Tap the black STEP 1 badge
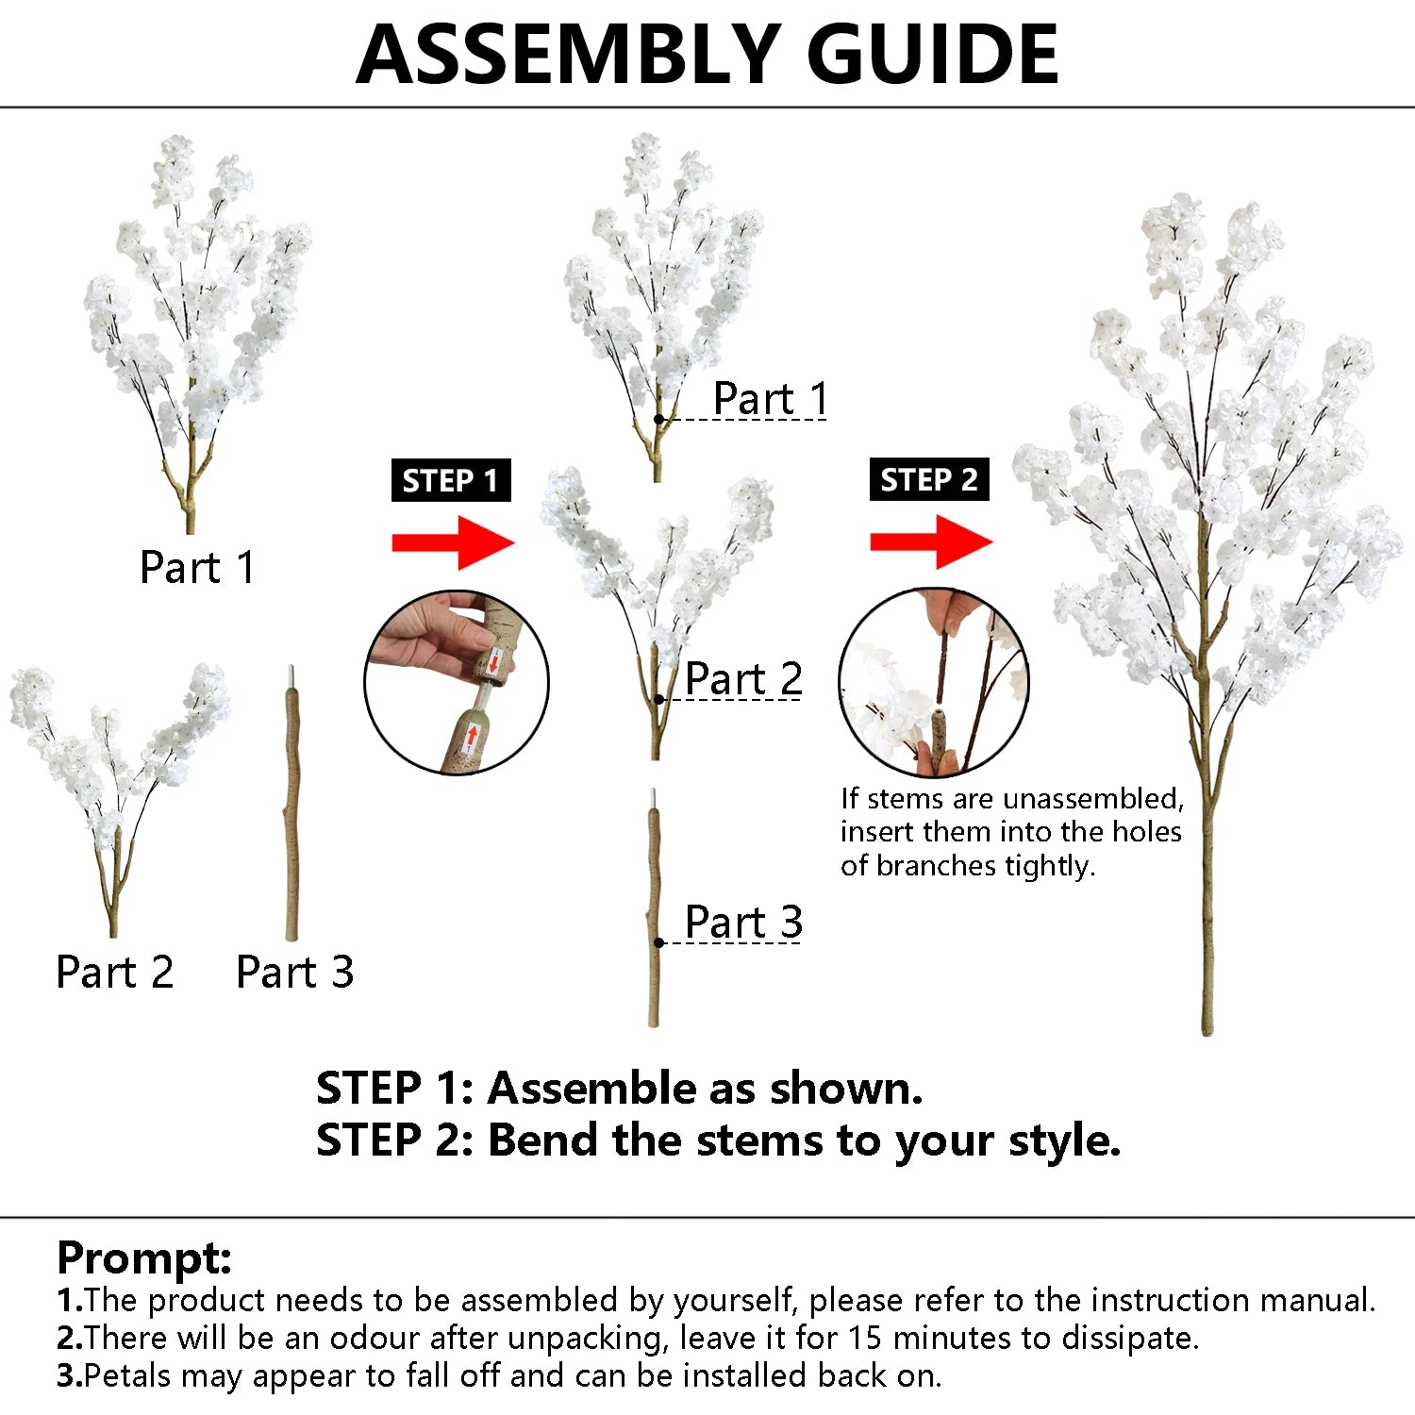pos(450,480)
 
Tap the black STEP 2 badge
pos(928,479)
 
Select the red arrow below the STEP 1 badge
pos(453,542)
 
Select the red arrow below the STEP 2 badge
pos(931,541)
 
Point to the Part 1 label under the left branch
pos(196,568)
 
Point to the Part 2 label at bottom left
pos(114,972)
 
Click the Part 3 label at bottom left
pos(294,972)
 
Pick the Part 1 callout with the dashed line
pos(770,398)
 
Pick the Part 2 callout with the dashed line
pos(743,678)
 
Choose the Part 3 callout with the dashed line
pos(743,922)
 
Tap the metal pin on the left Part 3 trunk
pos(292,677)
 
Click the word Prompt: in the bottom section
pos(144,1257)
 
